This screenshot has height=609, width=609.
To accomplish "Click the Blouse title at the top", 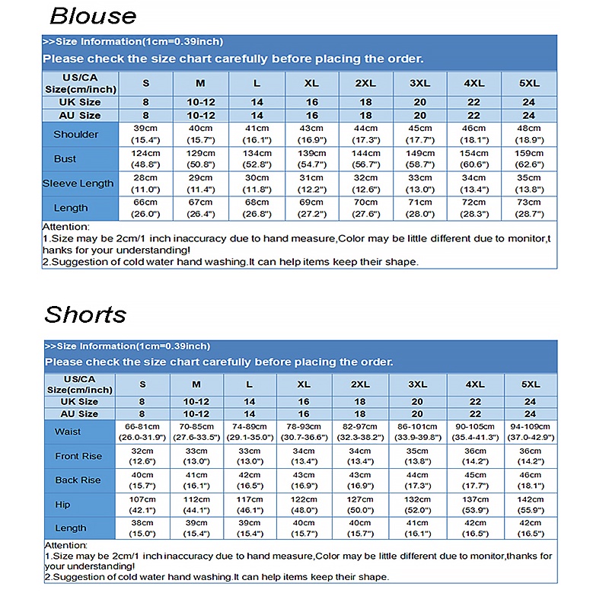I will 93,16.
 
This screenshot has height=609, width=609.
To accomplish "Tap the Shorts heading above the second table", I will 85,314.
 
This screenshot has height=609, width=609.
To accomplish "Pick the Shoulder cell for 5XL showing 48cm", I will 529,134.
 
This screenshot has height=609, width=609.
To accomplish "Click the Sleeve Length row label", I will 78,183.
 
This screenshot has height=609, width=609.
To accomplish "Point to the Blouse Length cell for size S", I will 145,208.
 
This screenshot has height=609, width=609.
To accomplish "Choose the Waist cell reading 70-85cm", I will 196,432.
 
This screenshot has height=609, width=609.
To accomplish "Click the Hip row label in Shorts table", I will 62,504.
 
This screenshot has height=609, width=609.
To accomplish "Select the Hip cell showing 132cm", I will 417,504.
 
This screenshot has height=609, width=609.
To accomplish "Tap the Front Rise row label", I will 78,456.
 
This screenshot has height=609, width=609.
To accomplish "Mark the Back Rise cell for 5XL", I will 530,480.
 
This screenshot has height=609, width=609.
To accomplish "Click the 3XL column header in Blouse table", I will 419,82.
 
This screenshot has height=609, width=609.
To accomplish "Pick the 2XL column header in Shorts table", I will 360,384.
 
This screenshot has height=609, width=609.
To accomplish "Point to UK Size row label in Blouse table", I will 80,102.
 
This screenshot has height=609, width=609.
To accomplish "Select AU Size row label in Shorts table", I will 80,413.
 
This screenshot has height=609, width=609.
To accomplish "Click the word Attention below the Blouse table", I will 65,227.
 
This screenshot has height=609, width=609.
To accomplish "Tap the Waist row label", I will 68,432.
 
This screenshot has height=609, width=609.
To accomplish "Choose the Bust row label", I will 65,158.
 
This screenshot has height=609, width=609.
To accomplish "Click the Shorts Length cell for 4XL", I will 475,528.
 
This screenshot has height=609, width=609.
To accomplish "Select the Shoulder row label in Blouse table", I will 76,134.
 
